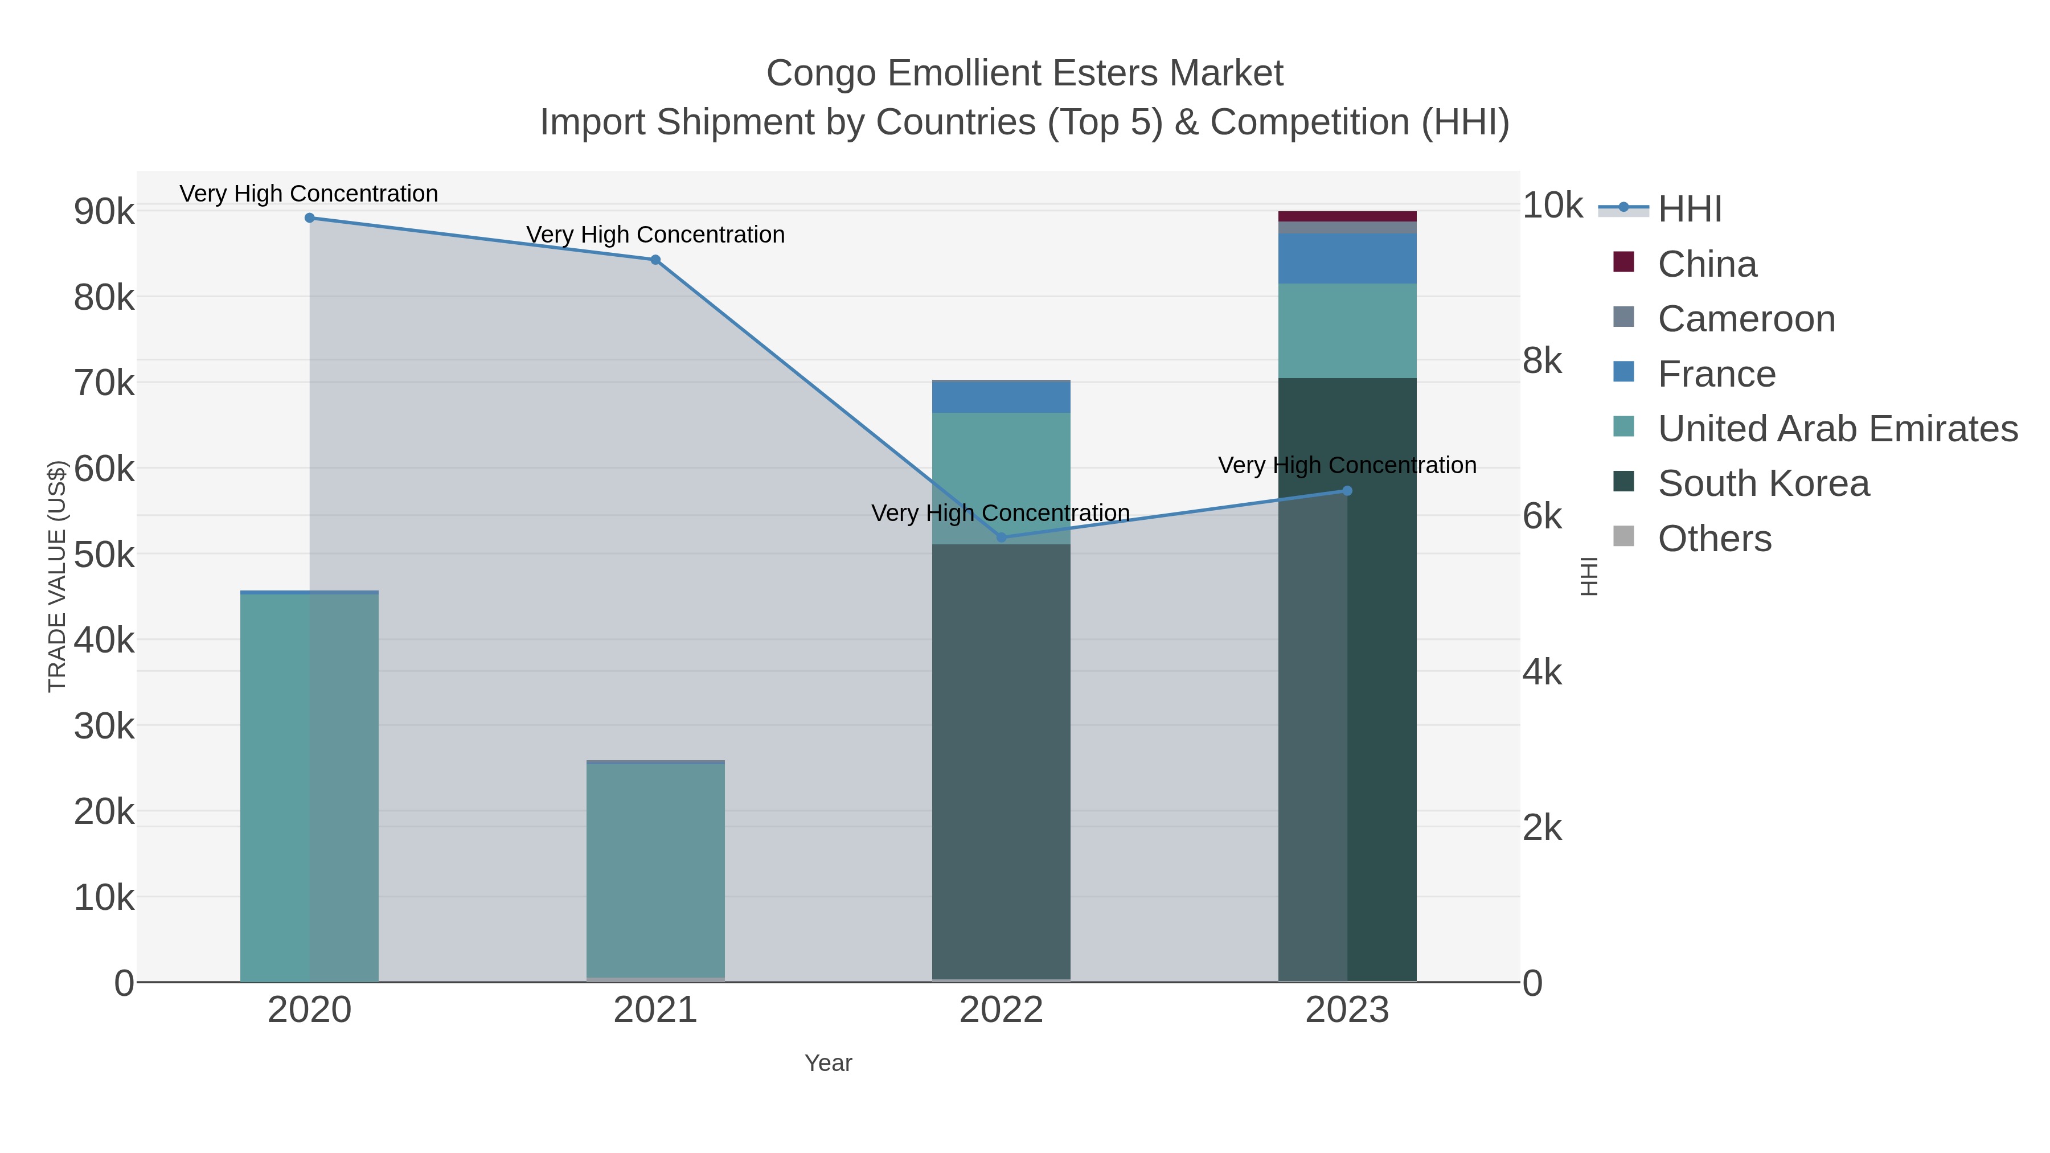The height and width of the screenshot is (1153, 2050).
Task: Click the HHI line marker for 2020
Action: [x=310, y=218]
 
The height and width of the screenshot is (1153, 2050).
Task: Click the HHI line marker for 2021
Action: [x=655, y=260]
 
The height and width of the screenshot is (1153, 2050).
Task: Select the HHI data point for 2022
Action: [x=1001, y=537]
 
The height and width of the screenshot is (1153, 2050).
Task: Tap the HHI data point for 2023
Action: [x=1347, y=491]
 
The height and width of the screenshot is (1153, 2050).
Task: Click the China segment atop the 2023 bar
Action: [x=1347, y=216]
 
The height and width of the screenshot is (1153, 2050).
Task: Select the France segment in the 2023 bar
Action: [x=1347, y=258]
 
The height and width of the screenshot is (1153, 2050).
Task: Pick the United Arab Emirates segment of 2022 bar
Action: [x=1001, y=478]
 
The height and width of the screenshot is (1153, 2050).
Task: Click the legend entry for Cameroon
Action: [x=1746, y=319]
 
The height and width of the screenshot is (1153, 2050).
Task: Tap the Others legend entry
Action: [x=1714, y=539]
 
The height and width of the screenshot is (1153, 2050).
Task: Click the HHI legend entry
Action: [x=1689, y=210]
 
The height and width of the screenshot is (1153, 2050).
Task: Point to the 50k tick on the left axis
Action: [x=104, y=555]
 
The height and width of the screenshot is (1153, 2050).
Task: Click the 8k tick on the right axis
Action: [x=1541, y=361]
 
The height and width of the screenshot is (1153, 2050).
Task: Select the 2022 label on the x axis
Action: [x=1001, y=1010]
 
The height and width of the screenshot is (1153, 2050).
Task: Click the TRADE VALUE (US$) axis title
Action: [x=56, y=576]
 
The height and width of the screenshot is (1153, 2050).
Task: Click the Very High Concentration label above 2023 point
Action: [x=1347, y=466]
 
